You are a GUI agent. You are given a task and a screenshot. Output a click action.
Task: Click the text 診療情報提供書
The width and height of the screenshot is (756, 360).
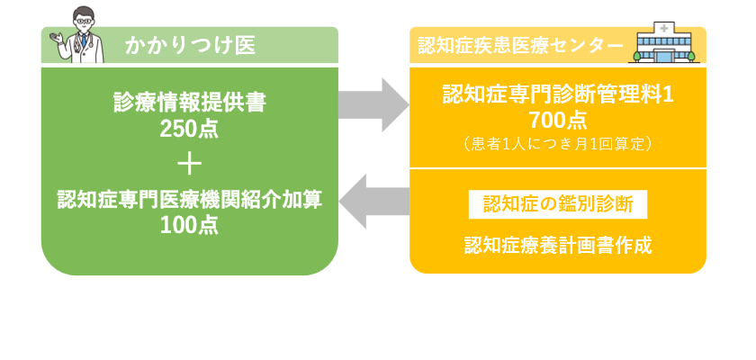189,103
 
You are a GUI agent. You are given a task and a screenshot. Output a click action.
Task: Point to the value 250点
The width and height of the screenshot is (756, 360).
189,129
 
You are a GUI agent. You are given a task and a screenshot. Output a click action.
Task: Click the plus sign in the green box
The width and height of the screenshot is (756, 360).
189,165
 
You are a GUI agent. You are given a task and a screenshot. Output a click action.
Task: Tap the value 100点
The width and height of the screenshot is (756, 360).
189,225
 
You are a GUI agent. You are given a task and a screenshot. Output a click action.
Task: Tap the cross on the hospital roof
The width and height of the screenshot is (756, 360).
665,30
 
